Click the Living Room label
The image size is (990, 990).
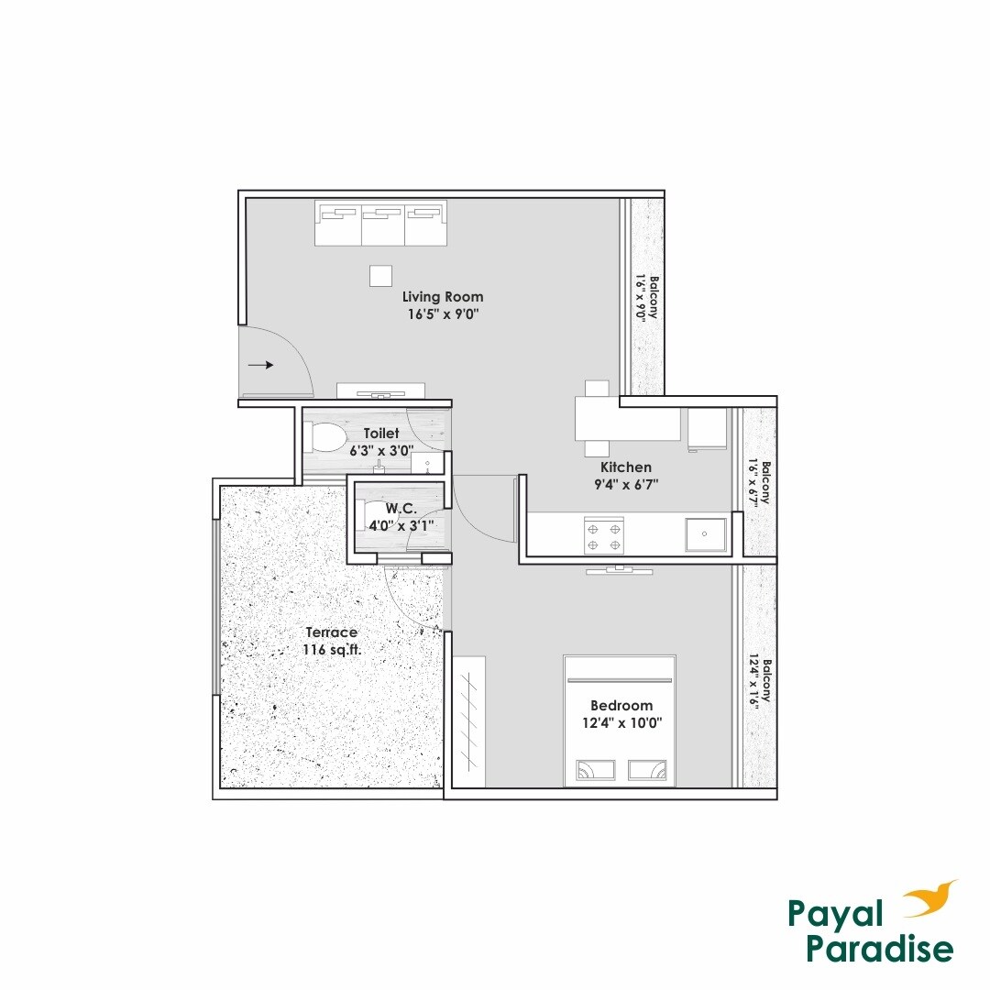[443, 297]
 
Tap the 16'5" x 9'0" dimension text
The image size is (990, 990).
[445, 313]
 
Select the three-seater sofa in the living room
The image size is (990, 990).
[379, 223]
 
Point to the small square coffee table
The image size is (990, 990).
[380, 275]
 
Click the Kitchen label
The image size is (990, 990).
[626, 467]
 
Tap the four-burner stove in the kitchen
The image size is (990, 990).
[604, 536]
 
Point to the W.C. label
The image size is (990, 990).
[400, 508]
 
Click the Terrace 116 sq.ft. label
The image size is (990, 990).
[331, 641]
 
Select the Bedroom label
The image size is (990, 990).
[621, 705]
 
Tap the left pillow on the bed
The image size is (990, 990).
[596, 771]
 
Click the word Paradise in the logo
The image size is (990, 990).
[879, 949]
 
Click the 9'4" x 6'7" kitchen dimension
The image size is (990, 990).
[627, 483]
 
